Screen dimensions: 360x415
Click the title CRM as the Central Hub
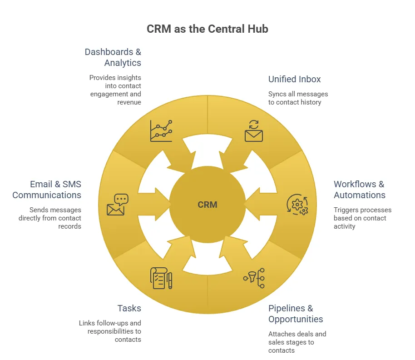(x=207, y=29)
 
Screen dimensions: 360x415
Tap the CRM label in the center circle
(x=207, y=205)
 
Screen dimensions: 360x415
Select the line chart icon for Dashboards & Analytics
(x=161, y=131)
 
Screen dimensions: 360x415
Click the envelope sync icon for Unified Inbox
(x=254, y=131)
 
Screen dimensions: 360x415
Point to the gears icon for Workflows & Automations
(x=297, y=205)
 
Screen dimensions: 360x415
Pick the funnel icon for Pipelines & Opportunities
(x=254, y=278)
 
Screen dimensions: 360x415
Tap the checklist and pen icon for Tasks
(x=161, y=278)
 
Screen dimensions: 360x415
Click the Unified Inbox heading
(x=294, y=79)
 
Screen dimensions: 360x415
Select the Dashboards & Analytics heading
(x=113, y=57)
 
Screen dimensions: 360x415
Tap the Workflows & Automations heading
(x=359, y=190)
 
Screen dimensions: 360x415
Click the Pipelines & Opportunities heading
(x=296, y=314)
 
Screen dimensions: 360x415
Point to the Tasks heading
(x=129, y=308)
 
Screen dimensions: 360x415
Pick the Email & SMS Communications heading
(x=47, y=190)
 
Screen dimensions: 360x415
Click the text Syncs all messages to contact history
(x=298, y=98)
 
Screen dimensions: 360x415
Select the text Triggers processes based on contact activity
(x=362, y=218)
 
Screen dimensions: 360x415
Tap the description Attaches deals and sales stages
(x=297, y=342)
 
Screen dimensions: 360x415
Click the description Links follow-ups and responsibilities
(x=110, y=331)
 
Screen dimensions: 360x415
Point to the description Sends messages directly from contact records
(x=50, y=218)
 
